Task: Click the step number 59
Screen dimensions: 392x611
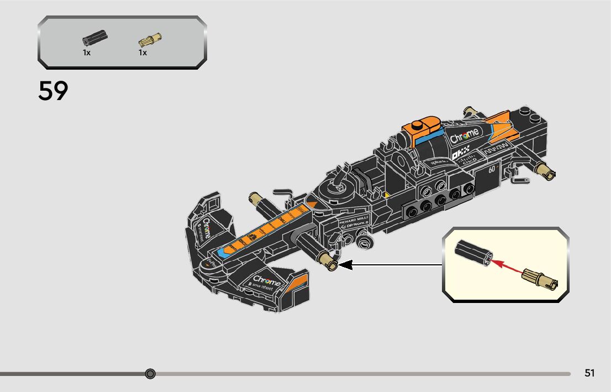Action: pos(53,91)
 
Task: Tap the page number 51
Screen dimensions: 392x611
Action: pos(589,373)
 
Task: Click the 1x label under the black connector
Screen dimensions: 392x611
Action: pos(87,53)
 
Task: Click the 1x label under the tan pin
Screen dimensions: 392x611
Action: pos(143,53)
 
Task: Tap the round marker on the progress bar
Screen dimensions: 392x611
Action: pos(150,374)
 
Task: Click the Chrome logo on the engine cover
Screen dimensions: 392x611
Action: pos(465,136)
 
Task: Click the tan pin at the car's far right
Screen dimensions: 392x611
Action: pos(547,172)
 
